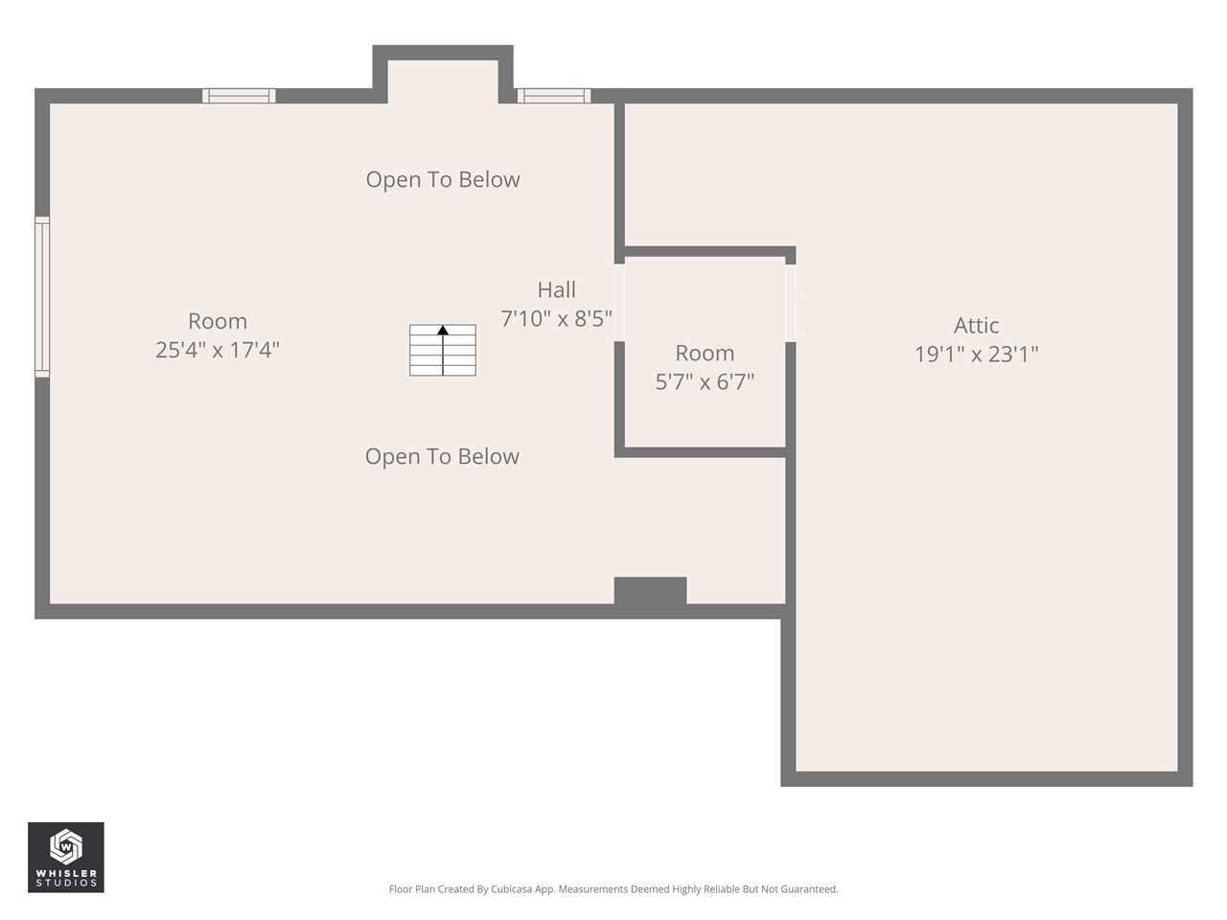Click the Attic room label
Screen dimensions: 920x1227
(x=976, y=326)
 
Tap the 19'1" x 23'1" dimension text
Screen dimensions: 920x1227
(x=976, y=355)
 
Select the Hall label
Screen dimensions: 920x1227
(x=556, y=289)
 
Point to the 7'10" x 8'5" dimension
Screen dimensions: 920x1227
(x=556, y=318)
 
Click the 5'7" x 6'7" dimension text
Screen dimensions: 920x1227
(x=705, y=381)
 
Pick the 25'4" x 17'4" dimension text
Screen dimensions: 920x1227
(x=218, y=350)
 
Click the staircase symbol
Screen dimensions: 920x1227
(x=443, y=351)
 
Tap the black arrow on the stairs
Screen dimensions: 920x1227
(x=443, y=331)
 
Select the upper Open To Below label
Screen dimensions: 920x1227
(x=443, y=179)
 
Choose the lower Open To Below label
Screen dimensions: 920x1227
(x=442, y=456)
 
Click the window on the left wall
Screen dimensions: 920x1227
(x=42, y=296)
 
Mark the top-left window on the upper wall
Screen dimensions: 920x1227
(x=239, y=96)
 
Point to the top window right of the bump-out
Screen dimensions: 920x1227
(x=554, y=96)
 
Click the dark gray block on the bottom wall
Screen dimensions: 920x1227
(x=650, y=591)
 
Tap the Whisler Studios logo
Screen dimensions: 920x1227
(x=65, y=857)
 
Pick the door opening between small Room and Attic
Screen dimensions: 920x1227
(x=791, y=302)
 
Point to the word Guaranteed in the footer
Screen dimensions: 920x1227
(x=811, y=889)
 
